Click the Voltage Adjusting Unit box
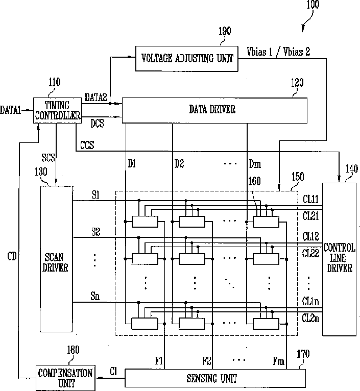point(186,59)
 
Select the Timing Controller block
point(57,110)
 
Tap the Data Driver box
point(214,110)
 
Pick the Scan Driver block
point(56,259)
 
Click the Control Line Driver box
point(339,259)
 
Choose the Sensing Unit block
point(215,378)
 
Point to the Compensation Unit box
point(65,378)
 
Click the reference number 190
point(225,31)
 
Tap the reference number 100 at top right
point(313,4)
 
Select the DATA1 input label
point(11,110)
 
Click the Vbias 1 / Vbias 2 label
point(278,52)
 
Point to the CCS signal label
point(87,145)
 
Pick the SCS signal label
point(48,158)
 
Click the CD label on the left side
point(12,256)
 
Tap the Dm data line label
point(255,164)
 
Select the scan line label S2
point(96,232)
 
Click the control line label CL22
point(310,253)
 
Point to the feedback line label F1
point(159,360)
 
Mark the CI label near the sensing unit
point(113,372)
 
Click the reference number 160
point(254,181)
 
